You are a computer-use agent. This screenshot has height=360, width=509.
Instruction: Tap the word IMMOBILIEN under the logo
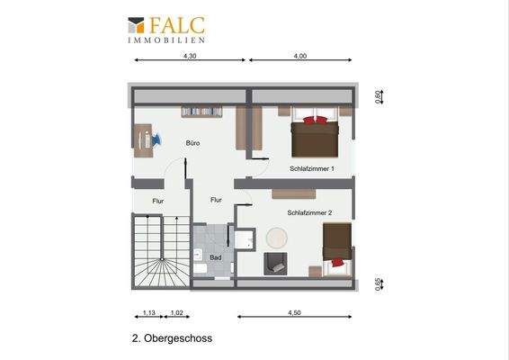pos(165,40)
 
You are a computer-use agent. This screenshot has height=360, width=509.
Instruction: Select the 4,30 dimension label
pos(190,56)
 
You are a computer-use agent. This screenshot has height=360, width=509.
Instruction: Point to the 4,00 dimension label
pos(300,56)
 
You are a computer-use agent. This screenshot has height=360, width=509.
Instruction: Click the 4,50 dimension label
pos(294,312)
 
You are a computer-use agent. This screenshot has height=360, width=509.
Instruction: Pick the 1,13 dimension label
pos(148,312)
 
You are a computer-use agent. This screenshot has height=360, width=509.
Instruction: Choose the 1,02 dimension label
pos(177,312)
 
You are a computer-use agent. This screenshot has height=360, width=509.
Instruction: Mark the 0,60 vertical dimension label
pos(378,94)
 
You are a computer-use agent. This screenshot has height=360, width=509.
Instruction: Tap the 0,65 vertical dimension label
pos(378,284)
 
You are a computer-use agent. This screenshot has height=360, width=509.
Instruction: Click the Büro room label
pos(192,143)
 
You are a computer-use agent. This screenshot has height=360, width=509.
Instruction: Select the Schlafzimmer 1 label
pos(312,168)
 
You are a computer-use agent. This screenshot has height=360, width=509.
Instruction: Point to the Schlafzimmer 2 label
pos(309,213)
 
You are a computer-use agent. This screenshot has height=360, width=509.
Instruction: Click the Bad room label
pos(216,257)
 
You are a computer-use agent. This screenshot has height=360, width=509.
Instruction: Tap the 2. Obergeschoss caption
pos(170,340)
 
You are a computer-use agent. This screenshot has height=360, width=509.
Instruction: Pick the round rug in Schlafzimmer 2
pos(277,238)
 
